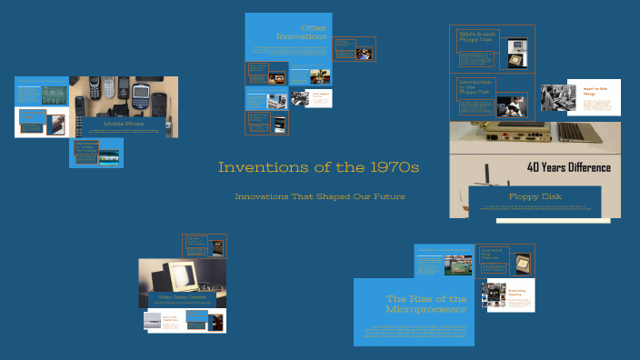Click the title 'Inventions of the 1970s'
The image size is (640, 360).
pyautogui.click(x=318, y=168)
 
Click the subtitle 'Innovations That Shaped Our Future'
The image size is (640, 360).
pyautogui.click(x=319, y=196)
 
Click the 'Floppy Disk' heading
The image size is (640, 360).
pyautogui.click(x=535, y=195)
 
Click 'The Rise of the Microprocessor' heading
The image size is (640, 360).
pyautogui.click(x=426, y=304)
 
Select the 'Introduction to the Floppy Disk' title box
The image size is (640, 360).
pyautogui.click(x=475, y=86)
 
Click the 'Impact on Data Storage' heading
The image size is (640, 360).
pyautogui.click(x=595, y=90)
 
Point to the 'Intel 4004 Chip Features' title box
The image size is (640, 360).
pyautogui.click(x=492, y=256)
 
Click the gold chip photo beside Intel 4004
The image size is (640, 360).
pyautogui.click(x=522, y=263)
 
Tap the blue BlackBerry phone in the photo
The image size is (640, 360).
pyautogui.click(x=141, y=95)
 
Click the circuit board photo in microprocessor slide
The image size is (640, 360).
pyautogui.click(x=457, y=265)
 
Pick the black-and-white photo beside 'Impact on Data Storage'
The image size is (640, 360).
pyautogui.click(x=555, y=98)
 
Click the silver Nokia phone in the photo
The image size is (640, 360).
pyautogui.click(x=107, y=87)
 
